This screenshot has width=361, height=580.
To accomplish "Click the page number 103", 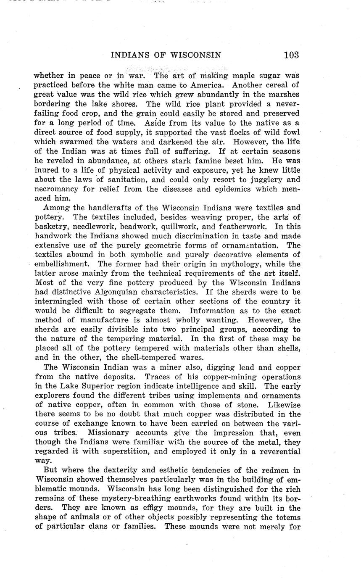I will click(291, 55).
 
